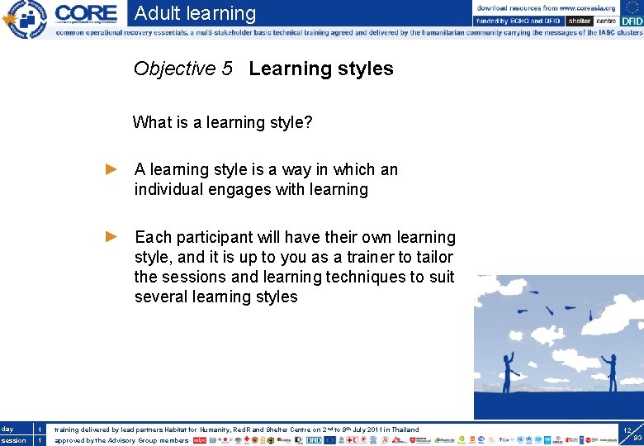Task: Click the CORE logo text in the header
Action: (x=87, y=13)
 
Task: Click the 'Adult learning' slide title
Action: (x=195, y=13)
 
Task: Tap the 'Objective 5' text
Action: (x=182, y=69)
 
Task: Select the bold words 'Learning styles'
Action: (x=320, y=69)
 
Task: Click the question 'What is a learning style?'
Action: (x=222, y=123)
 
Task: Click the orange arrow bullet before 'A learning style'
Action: (x=112, y=169)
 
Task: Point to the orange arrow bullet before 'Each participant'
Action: (x=112, y=237)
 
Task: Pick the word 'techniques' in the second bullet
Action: (x=365, y=277)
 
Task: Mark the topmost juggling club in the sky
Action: (x=533, y=292)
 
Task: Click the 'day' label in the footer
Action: (x=7, y=429)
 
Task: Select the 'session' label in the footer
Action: (x=13, y=440)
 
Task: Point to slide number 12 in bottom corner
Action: (x=627, y=431)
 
